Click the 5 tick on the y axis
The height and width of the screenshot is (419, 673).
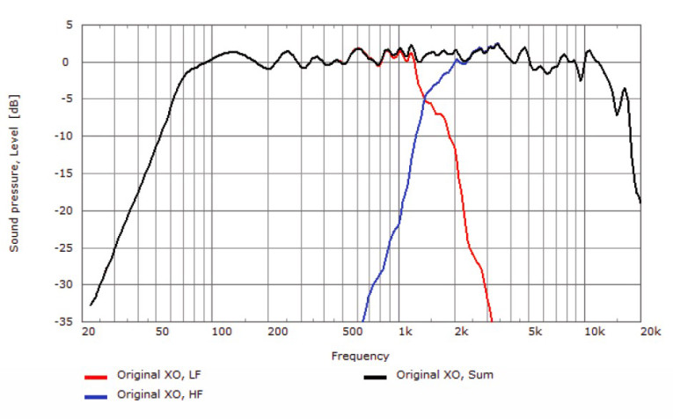[x=67, y=25]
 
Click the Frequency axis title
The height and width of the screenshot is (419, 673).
[x=360, y=357]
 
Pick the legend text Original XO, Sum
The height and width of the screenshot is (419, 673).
[x=444, y=376]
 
